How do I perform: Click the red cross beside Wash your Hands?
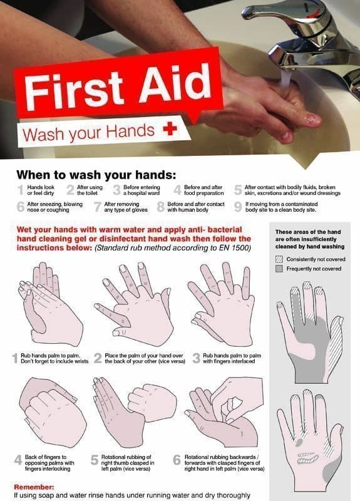(x=167, y=130)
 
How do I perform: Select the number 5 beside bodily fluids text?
(x=237, y=190)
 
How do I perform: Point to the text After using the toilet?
(x=90, y=190)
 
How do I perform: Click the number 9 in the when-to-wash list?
(x=238, y=207)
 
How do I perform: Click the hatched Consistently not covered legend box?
(x=279, y=259)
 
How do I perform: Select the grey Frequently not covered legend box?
(x=279, y=269)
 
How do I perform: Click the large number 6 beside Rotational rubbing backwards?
(x=177, y=460)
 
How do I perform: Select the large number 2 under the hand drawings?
(x=98, y=359)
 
